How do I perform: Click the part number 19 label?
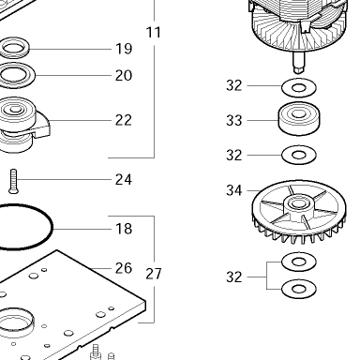coord(124,49)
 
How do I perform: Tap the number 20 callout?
coord(124,75)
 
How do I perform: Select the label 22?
coord(124,120)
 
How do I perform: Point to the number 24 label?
coord(124,179)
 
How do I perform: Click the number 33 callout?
coord(234,120)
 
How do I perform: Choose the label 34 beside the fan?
coord(234,190)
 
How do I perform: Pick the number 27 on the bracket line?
coord(154,274)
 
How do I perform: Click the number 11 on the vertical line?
coord(154,32)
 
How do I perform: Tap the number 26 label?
coord(124,268)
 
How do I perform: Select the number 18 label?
coord(124,229)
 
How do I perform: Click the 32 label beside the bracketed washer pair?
coord(234,277)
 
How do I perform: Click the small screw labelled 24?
coord(13,181)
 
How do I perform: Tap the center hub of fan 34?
coord(298,204)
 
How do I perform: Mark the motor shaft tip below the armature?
coord(299,68)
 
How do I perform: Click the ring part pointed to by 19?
coord(26,49)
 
